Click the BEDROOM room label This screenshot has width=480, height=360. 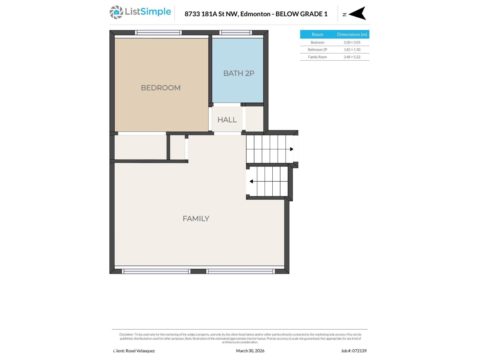(x=160, y=88)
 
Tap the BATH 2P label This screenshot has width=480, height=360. (x=238, y=73)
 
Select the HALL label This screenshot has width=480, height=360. (x=227, y=120)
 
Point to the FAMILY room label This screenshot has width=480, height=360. (x=196, y=218)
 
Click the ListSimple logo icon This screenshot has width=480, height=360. (x=116, y=12)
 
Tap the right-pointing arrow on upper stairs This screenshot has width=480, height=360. (x=291, y=149)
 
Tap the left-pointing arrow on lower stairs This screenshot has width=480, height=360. (x=251, y=181)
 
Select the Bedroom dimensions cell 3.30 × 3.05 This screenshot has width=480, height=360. (x=352, y=42)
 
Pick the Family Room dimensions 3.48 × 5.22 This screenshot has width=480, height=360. (x=352, y=57)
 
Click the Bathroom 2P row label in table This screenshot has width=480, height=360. (x=317, y=49)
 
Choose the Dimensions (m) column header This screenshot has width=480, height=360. (x=352, y=34)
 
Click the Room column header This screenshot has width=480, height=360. (x=317, y=34)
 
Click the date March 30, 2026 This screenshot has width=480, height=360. (x=250, y=351)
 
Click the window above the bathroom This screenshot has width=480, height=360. (x=235, y=32)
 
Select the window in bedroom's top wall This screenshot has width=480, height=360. (x=158, y=32)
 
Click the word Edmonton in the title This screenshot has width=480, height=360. (x=255, y=14)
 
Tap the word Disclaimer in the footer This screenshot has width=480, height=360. (x=126, y=334)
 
